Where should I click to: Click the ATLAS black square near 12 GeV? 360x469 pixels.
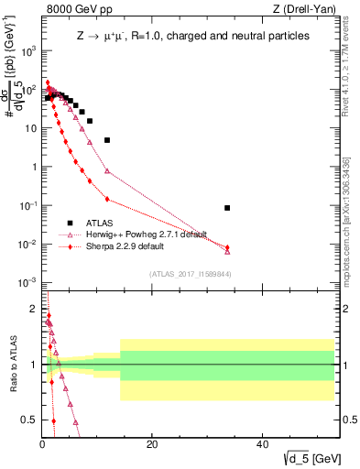(107, 140)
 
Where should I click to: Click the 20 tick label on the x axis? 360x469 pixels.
(152, 444)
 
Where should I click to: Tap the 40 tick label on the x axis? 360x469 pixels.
(262, 444)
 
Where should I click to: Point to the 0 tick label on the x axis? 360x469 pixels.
(43, 444)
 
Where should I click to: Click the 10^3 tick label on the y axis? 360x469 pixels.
(28, 51)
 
